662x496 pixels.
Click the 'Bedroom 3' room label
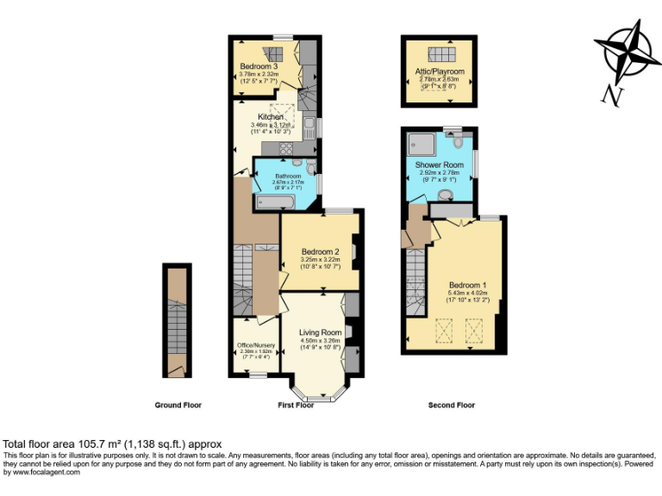(259, 66)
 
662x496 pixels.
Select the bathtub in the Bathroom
(275, 202)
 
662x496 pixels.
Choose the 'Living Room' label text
(320, 332)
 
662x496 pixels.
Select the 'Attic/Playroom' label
(440, 71)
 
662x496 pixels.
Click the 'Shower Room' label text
(439, 164)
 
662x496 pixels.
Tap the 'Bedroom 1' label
(467, 285)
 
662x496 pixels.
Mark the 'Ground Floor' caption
(178, 405)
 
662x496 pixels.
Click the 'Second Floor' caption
(452, 405)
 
